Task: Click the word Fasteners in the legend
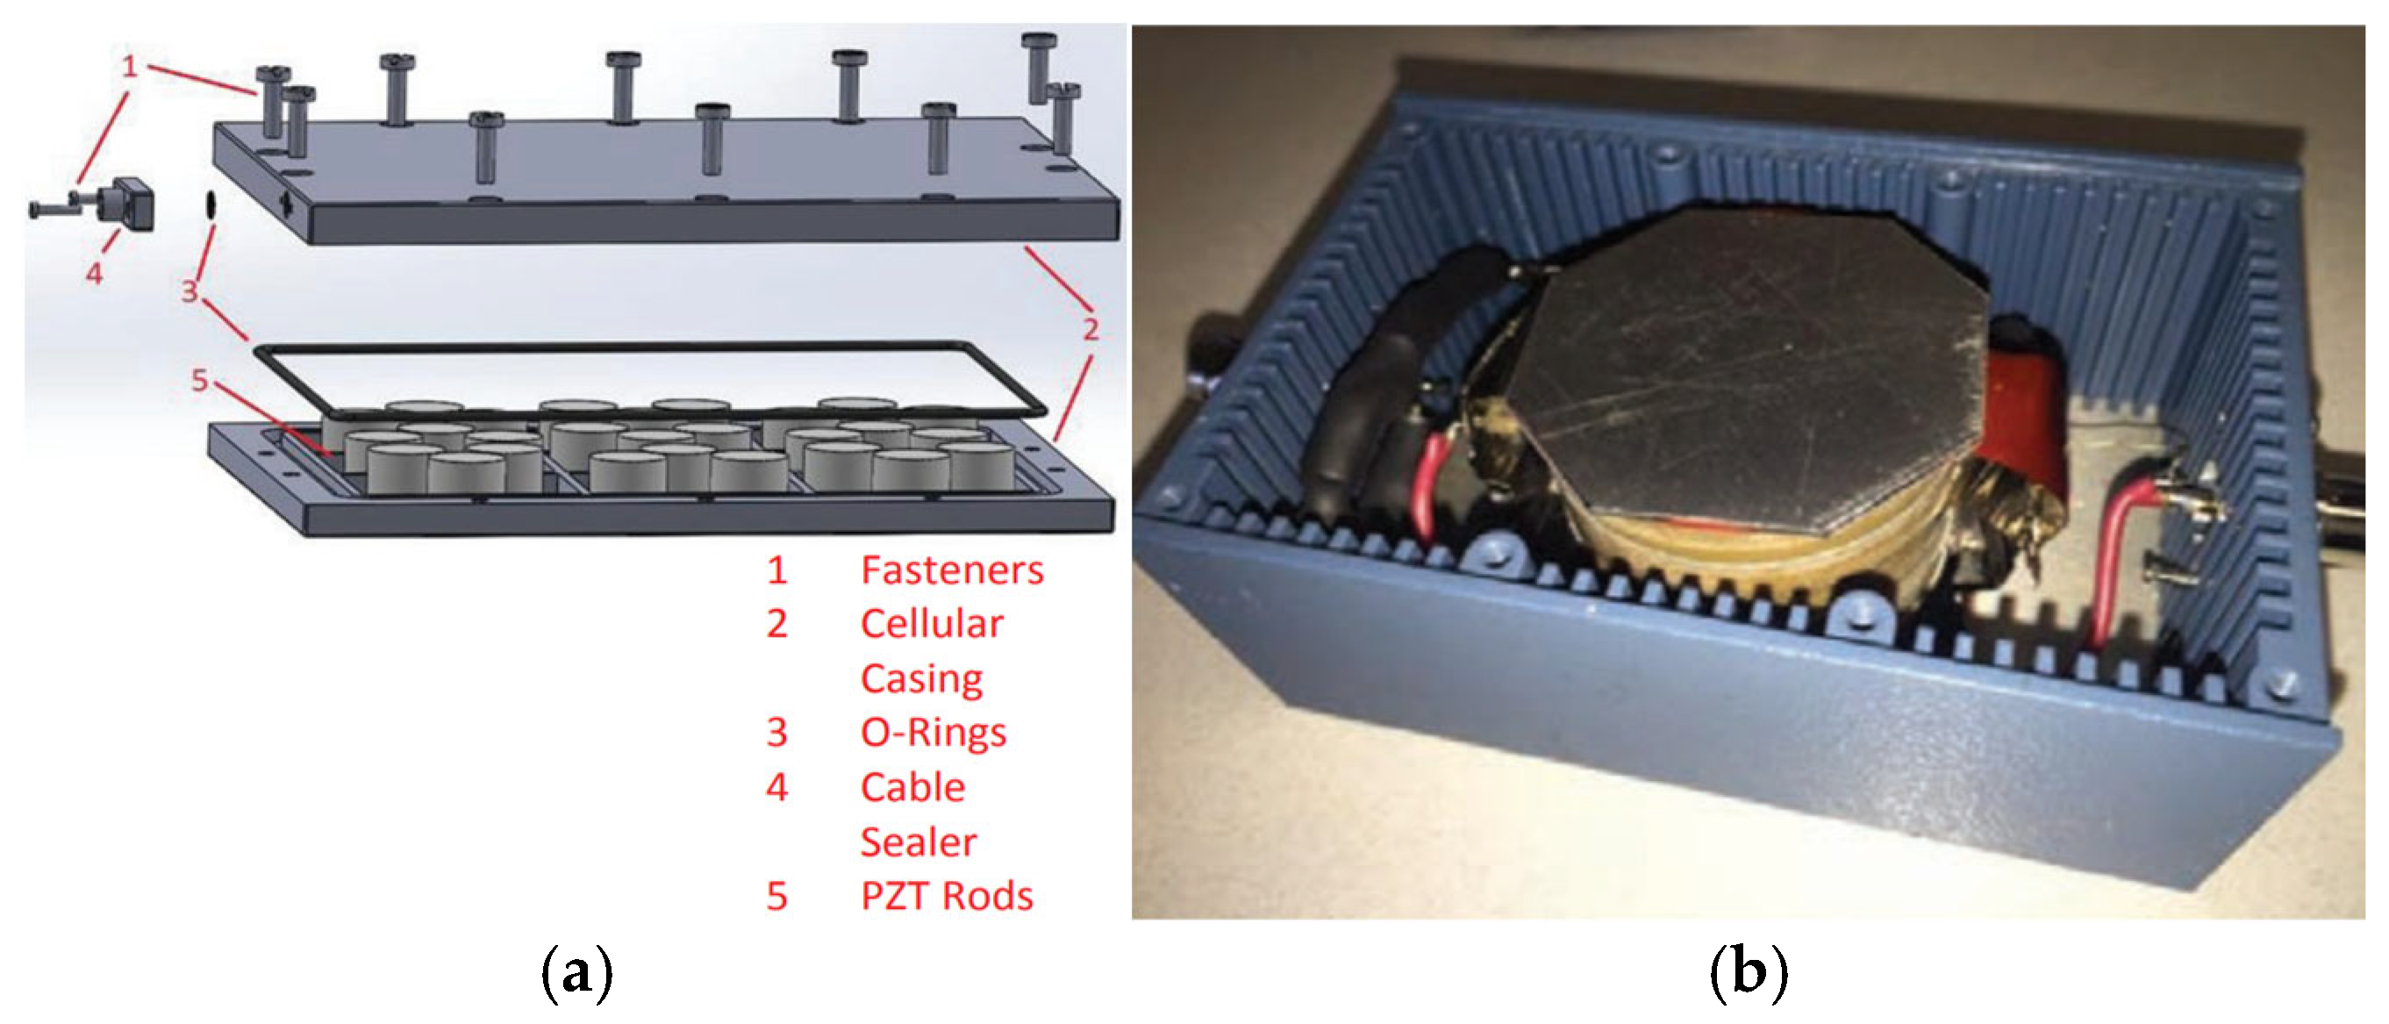click(952, 569)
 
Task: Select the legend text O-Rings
click(933, 733)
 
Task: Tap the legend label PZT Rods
click(946, 896)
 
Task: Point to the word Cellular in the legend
click(931, 623)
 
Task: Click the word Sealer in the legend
click(918, 842)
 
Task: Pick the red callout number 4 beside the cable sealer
click(94, 274)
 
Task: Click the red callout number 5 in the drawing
click(199, 379)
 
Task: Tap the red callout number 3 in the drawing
click(190, 291)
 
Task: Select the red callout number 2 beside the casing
click(1091, 328)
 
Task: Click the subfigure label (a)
click(576, 974)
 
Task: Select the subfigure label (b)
click(1749, 974)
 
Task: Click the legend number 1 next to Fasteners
click(777, 569)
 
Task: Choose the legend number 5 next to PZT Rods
click(777, 896)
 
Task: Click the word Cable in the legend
click(912, 787)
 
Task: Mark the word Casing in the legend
click(921, 679)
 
